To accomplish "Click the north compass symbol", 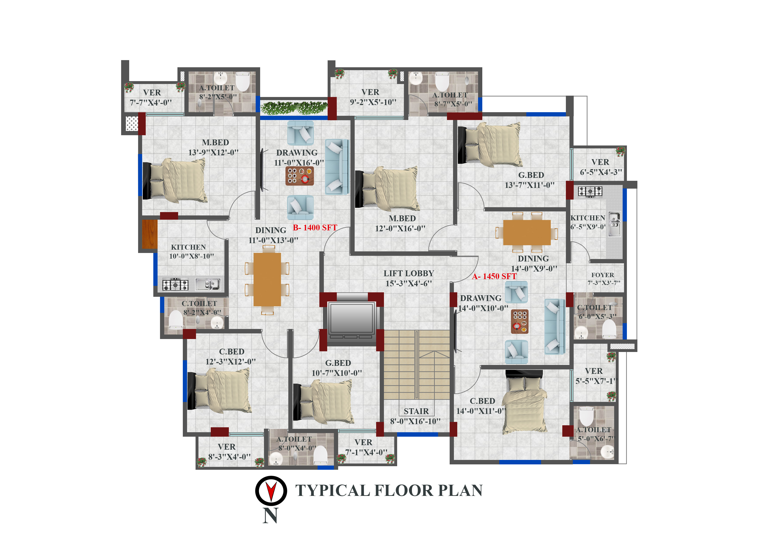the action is [271, 491].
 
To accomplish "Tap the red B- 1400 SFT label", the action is [315, 228].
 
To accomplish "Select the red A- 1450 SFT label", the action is [494, 276].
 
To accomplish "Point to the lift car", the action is [351, 318].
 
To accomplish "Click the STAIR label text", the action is [416, 411].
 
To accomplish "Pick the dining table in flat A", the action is [527, 232].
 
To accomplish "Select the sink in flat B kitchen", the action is [208, 284].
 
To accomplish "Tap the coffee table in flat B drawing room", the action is [299, 176].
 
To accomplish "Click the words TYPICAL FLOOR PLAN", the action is [389, 491].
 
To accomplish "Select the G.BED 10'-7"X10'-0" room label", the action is [337, 368].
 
